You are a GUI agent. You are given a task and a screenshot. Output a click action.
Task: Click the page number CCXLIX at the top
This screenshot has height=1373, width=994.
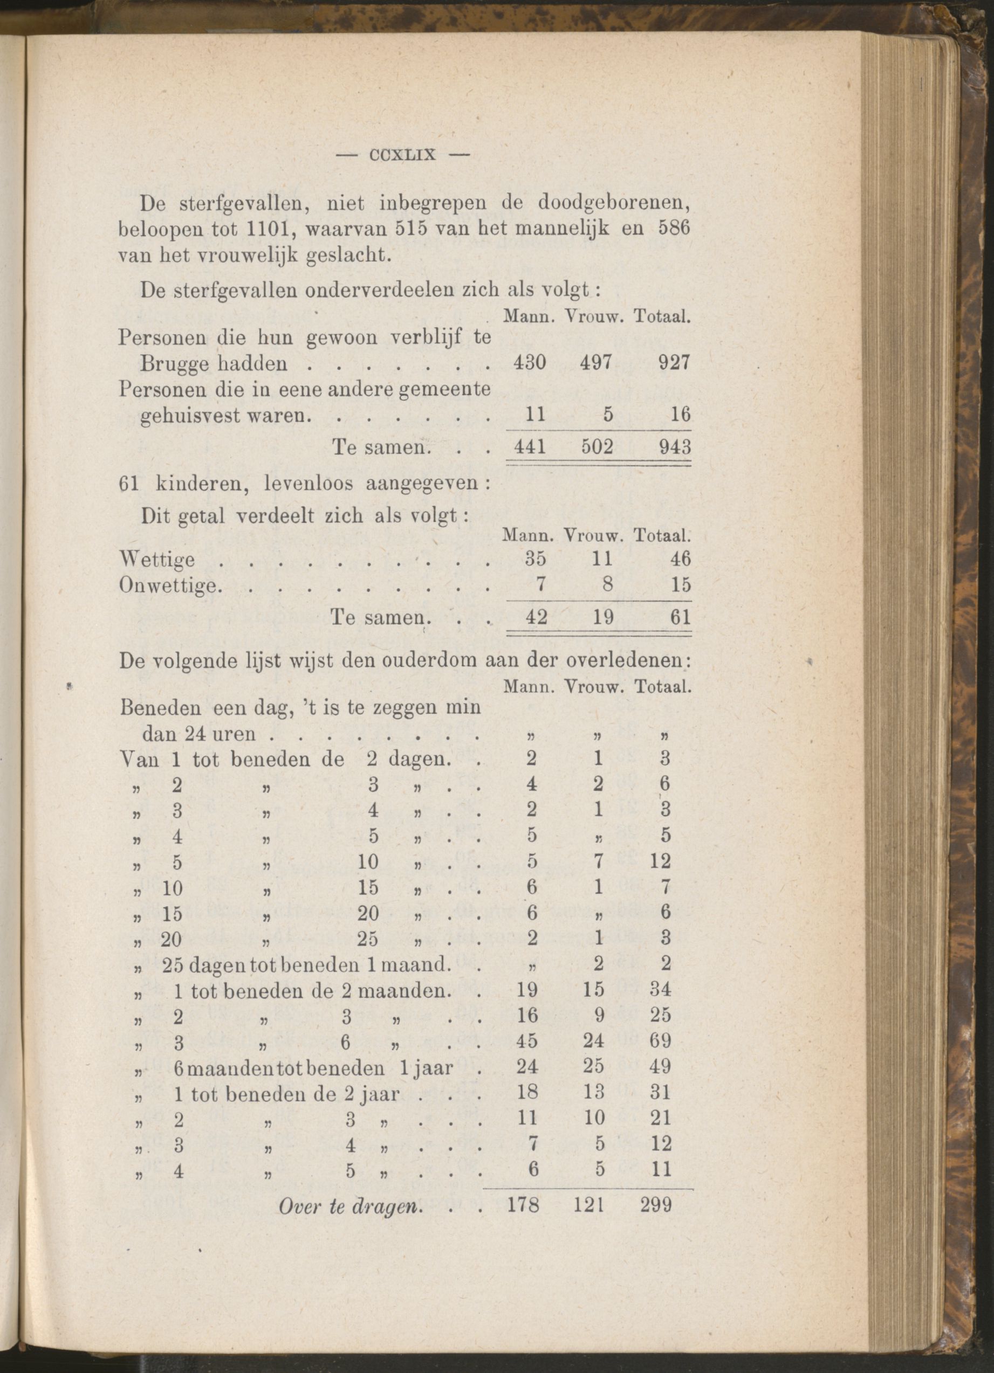pyautogui.click(x=402, y=155)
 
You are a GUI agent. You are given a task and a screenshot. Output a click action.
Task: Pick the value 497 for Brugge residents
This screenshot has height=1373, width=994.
pyautogui.click(x=596, y=363)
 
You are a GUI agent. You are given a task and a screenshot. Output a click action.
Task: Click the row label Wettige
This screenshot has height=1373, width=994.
pyautogui.click(x=157, y=560)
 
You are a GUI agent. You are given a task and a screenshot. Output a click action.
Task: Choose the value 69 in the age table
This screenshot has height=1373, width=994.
pyautogui.click(x=660, y=1041)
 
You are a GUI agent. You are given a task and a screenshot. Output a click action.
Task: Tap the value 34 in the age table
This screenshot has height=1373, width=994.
pyautogui.click(x=660, y=989)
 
